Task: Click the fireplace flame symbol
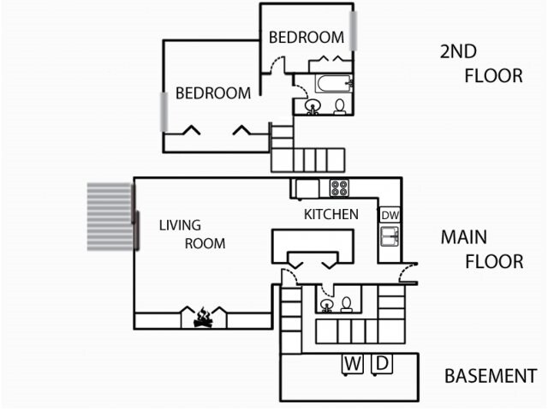point(203,319)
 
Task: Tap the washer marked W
point(352,364)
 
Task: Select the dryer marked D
point(381,364)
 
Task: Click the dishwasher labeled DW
point(390,215)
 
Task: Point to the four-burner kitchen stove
point(339,188)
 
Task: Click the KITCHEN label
point(331,214)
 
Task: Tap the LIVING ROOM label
point(192,235)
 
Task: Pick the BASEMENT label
point(490,376)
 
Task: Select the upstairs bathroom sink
point(313,107)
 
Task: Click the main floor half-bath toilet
point(347,304)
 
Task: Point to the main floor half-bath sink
point(326,304)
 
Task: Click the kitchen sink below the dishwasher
point(390,236)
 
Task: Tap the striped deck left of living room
point(110,216)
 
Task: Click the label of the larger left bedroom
point(213,93)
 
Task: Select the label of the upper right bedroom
point(306,38)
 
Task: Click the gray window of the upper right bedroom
point(352,31)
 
